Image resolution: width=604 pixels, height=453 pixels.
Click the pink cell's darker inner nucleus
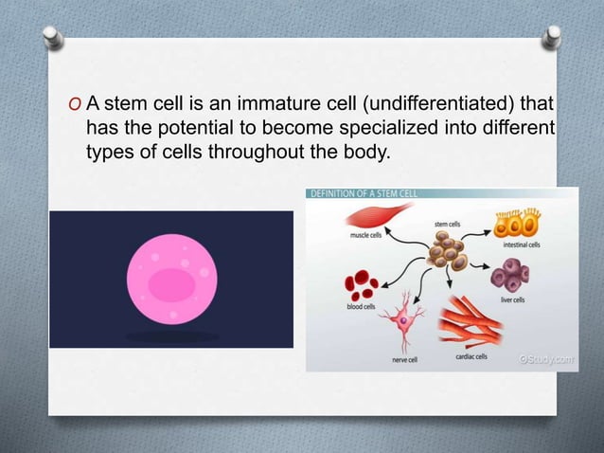tap(171, 285)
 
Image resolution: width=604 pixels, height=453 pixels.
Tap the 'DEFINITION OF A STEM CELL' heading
tap(364, 193)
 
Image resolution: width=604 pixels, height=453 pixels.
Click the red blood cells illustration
tap(362, 283)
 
